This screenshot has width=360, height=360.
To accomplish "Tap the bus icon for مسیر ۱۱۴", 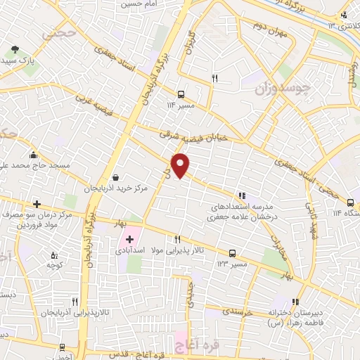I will pos(181,94).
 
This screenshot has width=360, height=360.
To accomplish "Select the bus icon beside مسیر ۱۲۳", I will pos(232,254).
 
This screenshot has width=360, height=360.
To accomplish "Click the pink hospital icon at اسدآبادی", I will pos(129,240).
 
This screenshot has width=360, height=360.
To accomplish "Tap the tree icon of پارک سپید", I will pos(15,50).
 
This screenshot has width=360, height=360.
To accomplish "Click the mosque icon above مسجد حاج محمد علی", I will pos(33,155).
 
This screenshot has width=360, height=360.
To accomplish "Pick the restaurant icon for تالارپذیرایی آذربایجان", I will pos(75,301).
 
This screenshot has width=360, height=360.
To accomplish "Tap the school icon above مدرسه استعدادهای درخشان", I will pos(243,196).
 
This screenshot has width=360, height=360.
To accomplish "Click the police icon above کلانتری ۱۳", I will pos(344,15).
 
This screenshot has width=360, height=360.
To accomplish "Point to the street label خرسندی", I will pos(236,309).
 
